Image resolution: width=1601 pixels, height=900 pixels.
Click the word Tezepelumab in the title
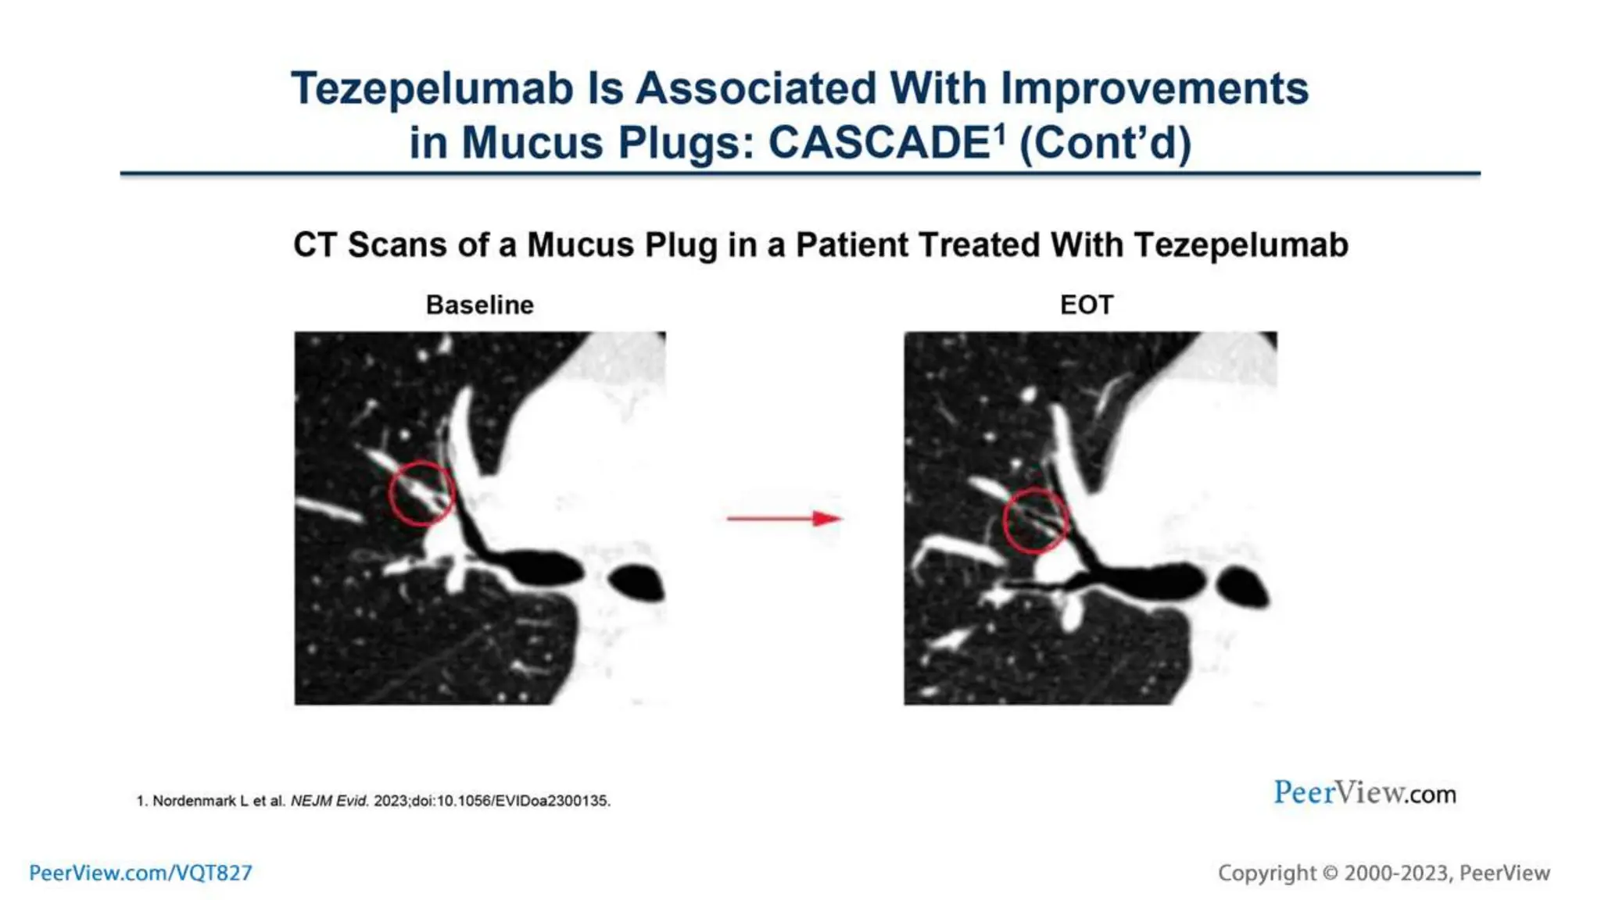tap(432, 88)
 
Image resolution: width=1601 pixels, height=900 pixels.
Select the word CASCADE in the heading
tap(879, 143)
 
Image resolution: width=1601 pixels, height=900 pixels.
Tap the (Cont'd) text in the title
tap(1105, 143)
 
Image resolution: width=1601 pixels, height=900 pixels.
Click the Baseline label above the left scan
tap(479, 305)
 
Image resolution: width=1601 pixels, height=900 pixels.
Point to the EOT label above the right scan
tap(1086, 305)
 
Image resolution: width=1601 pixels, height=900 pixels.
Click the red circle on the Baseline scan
tap(421, 493)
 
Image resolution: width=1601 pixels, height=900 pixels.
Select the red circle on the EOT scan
tap(1035, 521)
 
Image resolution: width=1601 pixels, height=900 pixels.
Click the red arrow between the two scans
tap(784, 518)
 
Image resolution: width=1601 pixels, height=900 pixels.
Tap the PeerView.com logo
tap(1364, 793)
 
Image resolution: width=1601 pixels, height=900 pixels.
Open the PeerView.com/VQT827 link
tap(141, 873)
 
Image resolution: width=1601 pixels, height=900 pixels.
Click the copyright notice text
tap(1383, 873)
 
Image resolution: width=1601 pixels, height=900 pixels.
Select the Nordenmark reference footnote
tap(373, 801)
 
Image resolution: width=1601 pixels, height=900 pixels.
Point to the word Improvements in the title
tap(1154, 88)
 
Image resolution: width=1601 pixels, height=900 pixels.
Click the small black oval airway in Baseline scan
tap(636, 582)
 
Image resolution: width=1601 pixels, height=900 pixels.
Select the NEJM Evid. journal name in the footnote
tap(329, 801)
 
